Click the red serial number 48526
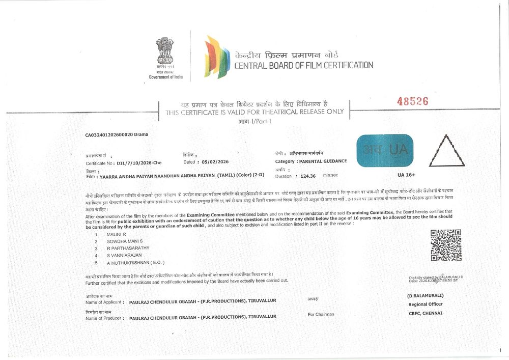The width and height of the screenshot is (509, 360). tap(412, 101)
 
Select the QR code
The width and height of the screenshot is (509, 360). tap(446, 245)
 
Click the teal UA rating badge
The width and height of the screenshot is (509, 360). tap(385, 151)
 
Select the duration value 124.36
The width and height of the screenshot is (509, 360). tap(305, 176)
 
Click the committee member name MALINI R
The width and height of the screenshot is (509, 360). tap(116, 234)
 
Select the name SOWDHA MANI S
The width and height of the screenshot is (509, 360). tap(125, 241)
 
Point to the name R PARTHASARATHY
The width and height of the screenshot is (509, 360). tap(128, 248)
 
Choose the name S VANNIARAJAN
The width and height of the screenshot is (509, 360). tap(124, 255)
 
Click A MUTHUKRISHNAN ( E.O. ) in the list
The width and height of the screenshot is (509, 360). tap(135, 262)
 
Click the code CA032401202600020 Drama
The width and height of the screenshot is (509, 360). tap(116, 135)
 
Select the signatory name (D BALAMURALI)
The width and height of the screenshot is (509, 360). tap(425, 295)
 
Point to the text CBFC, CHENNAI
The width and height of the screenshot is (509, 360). tap(426, 313)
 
